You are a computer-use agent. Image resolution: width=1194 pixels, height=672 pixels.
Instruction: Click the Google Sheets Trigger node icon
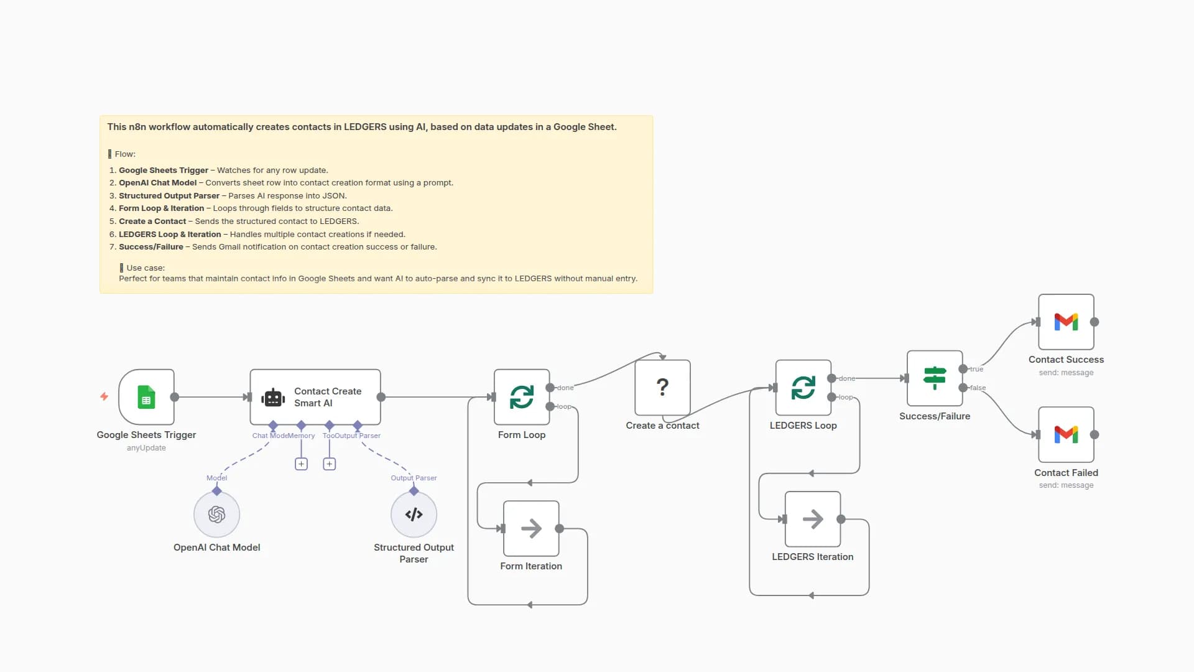coord(146,397)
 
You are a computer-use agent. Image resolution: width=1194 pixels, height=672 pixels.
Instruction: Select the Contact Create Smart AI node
coord(315,397)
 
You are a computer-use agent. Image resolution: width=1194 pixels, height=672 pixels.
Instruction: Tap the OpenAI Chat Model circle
coord(216,515)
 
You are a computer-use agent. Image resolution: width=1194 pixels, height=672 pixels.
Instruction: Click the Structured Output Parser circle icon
coord(414,515)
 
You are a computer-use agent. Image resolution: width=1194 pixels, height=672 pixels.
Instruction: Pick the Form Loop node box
coord(522,397)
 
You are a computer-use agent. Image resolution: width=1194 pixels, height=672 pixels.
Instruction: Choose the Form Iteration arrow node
coord(531,528)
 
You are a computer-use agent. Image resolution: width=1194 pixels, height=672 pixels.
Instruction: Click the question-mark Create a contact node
coord(662,387)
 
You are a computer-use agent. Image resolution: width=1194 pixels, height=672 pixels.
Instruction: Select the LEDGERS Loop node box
coord(803,387)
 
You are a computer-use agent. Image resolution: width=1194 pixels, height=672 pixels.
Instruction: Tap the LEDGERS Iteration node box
coord(812,519)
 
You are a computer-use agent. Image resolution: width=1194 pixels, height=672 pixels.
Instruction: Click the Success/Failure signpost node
coord(934,378)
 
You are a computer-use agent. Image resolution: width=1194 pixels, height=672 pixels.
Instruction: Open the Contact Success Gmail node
coord(1066,322)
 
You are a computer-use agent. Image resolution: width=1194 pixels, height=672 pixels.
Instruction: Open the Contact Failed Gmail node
coord(1066,434)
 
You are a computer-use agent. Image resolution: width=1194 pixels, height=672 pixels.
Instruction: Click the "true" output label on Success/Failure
coord(977,369)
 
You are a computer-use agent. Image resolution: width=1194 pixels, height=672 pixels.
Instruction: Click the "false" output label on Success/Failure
coord(978,388)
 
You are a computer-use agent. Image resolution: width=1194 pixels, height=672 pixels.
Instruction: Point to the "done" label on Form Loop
coord(565,388)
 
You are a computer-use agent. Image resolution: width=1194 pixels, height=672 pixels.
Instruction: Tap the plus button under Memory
coord(301,464)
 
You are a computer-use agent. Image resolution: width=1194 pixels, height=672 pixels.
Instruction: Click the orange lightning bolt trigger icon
coord(104,396)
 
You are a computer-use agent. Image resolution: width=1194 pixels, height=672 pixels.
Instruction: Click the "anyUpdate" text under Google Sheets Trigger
coord(146,448)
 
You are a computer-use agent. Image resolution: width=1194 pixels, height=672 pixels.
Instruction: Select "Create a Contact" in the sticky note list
coord(152,222)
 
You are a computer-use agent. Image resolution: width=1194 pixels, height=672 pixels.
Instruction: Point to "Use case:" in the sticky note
coord(146,268)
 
